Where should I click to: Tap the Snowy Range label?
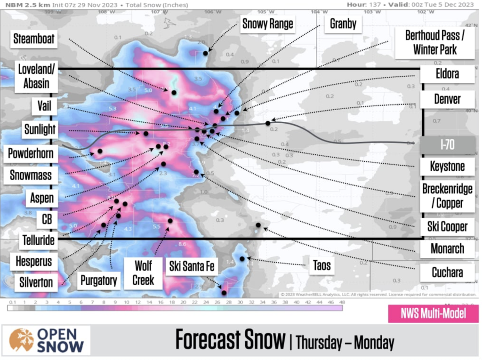pyautogui.click(x=268, y=24)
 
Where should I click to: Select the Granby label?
pyautogui.click(x=343, y=24)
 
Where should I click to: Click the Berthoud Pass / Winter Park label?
pyautogui.click(x=434, y=42)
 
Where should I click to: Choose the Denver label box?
pyautogui.click(x=447, y=99)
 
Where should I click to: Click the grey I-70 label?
pyautogui.click(x=447, y=145)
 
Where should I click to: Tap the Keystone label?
pyautogui.click(x=447, y=166)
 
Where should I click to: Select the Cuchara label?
pyautogui.click(x=447, y=272)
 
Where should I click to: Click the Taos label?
pyautogui.click(x=322, y=265)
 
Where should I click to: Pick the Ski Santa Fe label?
pyautogui.click(x=192, y=267)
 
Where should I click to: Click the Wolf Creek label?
pyautogui.click(x=143, y=272)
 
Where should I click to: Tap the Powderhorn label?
pyautogui.click(x=31, y=153)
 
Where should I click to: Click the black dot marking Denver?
pyautogui.click(x=268, y=123)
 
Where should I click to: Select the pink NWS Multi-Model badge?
pyautogui.click(x=433, y=314)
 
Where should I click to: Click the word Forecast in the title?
pyautogui.click(x=230, y=339)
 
